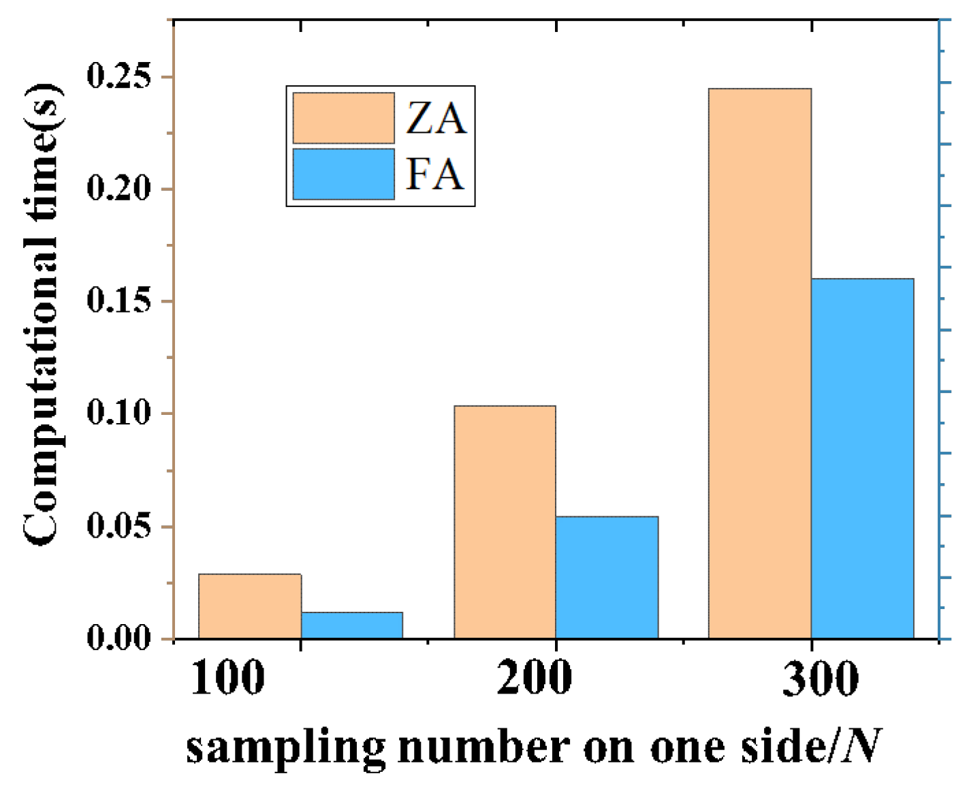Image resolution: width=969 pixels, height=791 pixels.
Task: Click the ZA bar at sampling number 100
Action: pos(250,606)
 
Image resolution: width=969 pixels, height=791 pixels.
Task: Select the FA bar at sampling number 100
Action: pos(352,625)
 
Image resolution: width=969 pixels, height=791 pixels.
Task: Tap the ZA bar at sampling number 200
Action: pos(505,522)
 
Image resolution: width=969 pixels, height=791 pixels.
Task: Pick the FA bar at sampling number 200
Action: pos(607,577)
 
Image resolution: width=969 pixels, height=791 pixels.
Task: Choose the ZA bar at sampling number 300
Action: pos(760,363)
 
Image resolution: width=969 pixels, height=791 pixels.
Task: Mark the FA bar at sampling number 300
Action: pos(862,458)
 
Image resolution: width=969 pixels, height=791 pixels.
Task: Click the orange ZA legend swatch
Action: pos(343,118)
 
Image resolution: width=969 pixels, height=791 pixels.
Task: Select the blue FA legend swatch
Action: pos(343,174)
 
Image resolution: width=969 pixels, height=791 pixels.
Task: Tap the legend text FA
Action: pos(434,174)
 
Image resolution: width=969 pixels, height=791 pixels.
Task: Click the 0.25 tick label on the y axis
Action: pos(119,76)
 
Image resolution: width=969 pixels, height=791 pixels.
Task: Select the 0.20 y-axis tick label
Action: pos(119,189)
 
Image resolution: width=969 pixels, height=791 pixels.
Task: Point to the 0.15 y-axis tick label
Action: pos(119,301)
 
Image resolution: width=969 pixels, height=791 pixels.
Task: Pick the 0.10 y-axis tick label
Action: pos(119,414)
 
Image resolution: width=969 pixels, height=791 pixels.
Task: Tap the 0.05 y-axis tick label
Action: pos(119,527)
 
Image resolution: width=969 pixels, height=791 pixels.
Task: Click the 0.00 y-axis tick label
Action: pos(119,638)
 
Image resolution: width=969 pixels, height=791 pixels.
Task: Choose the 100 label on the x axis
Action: pos(227,678)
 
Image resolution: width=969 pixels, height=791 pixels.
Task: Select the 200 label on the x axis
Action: pos(534,678)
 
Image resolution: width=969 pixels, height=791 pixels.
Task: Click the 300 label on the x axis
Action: pos(820,678)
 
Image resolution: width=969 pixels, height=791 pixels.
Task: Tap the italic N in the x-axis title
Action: pos(861,746)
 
